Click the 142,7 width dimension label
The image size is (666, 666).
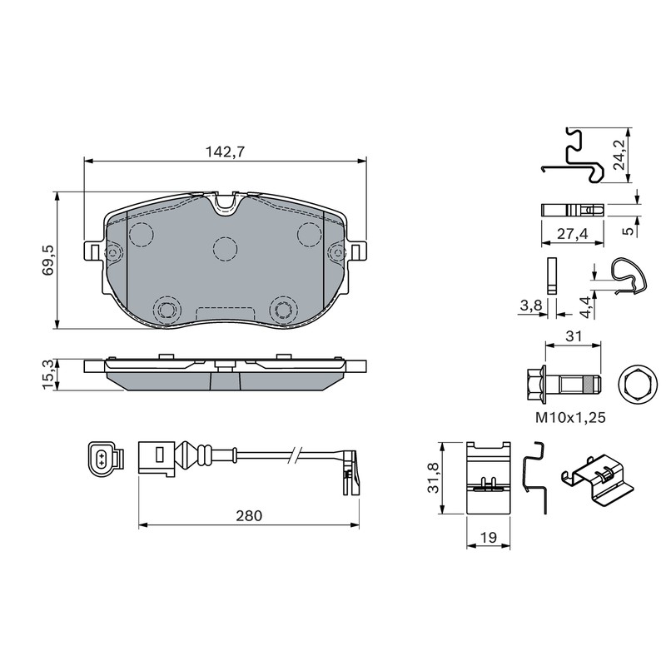(225, 152)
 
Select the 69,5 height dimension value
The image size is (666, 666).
(48, 260)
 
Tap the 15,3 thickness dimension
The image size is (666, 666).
(48, 374)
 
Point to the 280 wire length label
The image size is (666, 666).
(249, 515)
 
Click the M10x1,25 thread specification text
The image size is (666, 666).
(570, 418)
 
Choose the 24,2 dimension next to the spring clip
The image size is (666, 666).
(619, 155)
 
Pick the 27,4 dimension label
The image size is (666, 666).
(572, 233)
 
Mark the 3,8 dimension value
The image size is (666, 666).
(530, 305)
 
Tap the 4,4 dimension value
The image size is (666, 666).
(585, 307)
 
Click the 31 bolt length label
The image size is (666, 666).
(574, 336)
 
